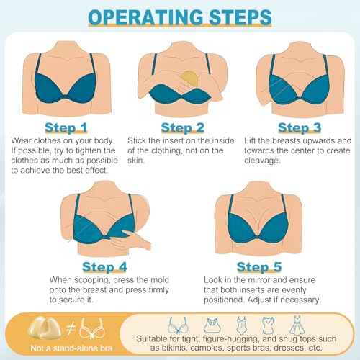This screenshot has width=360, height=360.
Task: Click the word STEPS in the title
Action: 238,17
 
